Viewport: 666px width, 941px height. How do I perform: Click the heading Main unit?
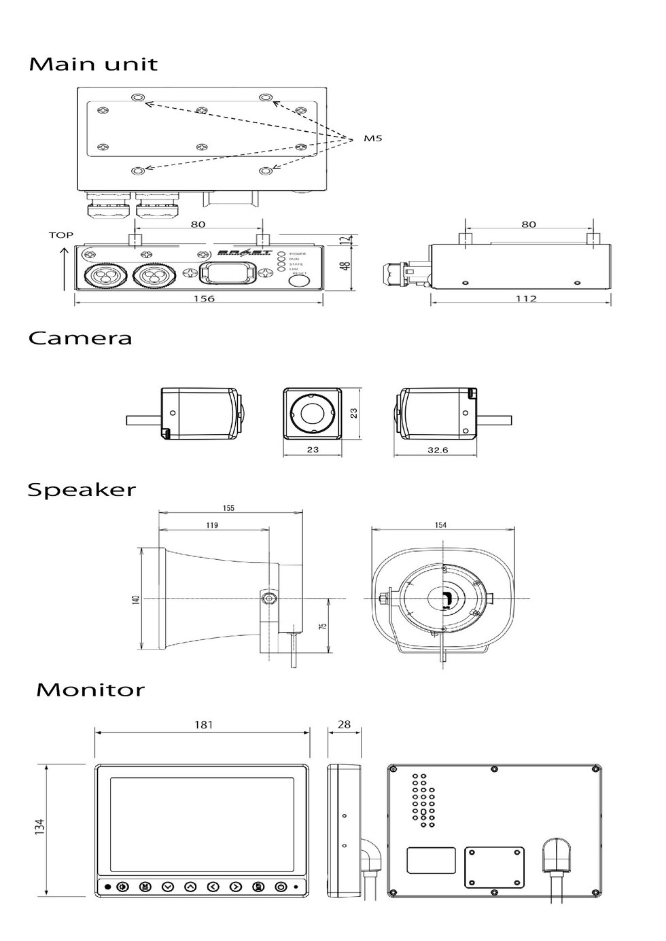pos(93,65)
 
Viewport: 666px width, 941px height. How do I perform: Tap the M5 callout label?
pos(372,139)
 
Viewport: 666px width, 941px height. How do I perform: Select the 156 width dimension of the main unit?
pos(204,298)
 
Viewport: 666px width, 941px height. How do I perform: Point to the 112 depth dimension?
pos(526,298)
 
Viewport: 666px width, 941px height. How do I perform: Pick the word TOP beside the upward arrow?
pos(61,235)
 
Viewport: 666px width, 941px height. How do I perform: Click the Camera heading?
pos(80,338)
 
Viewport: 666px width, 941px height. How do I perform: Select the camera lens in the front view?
pos(313,413)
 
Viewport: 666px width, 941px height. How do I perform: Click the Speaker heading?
pos(82,490)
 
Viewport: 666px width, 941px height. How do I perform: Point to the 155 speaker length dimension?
pos(228,508)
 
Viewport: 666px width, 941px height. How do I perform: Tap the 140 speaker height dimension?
pos(136,600)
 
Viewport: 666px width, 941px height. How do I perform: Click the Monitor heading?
pos(90,690)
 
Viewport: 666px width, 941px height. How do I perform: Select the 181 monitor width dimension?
pos(203,725)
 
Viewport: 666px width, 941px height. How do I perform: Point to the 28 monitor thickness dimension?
pos(345,724)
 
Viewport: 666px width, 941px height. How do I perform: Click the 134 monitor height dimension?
pos(40,827)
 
